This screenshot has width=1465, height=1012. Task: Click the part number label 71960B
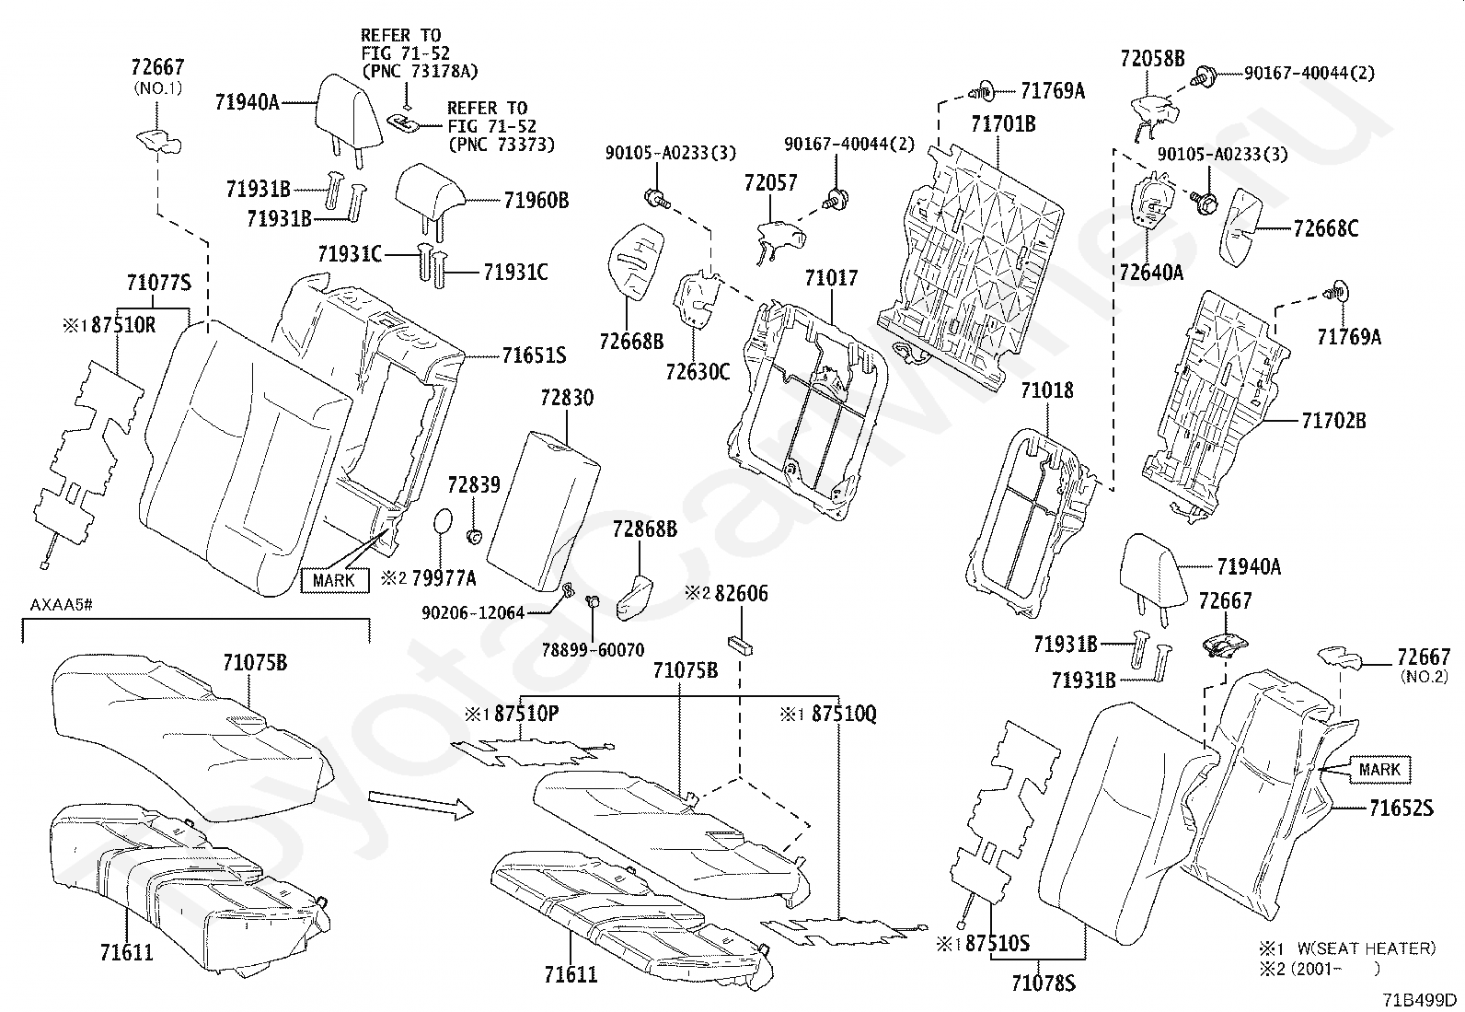pos(536,201)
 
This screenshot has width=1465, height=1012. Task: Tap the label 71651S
pos(534,355)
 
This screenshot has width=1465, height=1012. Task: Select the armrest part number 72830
pos(567,397)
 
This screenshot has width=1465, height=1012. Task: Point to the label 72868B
pos(645,529)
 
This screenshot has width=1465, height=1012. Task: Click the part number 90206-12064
pos(473,613)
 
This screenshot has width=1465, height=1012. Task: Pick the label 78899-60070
pos(594,650)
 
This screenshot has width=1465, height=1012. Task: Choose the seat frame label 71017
pos(831,278)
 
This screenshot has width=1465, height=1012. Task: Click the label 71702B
pos(1333,420)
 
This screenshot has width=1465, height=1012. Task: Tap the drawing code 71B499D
pos(1419,999)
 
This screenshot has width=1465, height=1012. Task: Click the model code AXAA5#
pos(61,605)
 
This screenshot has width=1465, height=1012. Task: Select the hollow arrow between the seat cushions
pos(421,805)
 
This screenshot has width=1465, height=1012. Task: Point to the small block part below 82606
pos(740,644)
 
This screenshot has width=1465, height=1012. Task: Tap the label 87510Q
pos(844,715)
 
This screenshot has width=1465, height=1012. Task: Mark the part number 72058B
pos(1152,59)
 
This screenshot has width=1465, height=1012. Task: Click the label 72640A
pos(1151,273)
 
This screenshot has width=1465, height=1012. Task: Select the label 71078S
pos(1044,983)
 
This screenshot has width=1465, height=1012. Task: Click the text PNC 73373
pos(501,145)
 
